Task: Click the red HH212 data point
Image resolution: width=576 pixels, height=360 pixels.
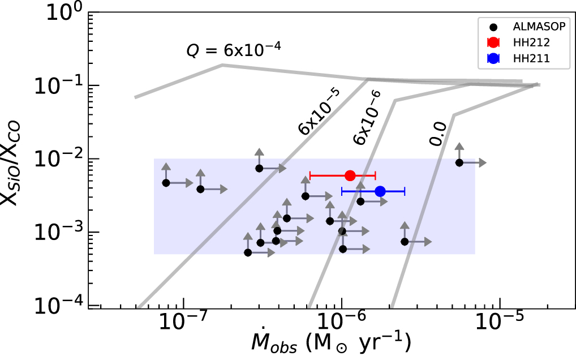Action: pos(350,175)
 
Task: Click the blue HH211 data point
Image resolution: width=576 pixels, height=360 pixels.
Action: pos(380,192)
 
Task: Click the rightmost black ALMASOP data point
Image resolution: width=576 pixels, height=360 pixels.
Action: pos(459,162)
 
